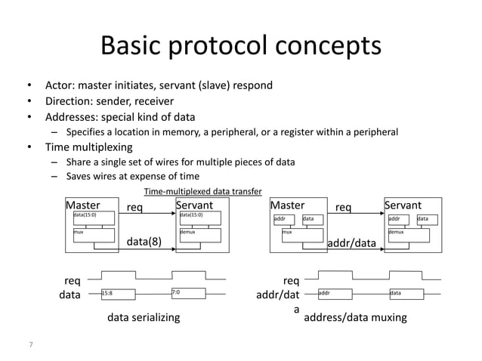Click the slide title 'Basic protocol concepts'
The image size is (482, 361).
pyautogui.click(x=241, y=47)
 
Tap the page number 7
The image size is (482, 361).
pyautogui.click(x=30, y=344)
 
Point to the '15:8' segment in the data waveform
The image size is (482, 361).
pyautogui.click(x=107, y=294)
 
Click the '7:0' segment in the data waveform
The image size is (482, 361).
pyautogui.click(x=176, y=294)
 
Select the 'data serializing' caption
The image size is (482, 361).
pyautogui.click(x=145, y=318)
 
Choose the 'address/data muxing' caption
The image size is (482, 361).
pyautogui.click(x=354, y=318)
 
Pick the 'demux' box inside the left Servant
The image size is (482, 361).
pyautogui.click(x=198, y=235)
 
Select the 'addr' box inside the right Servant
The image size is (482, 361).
pyautogui.click(x=397, y=220)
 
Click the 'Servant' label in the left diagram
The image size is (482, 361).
pyautogui.click(x=194, y=205)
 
